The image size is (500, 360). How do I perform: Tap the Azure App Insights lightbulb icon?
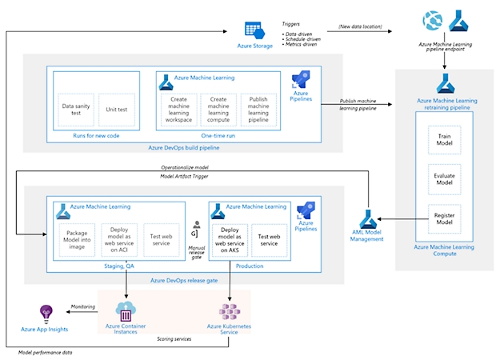point(46,314)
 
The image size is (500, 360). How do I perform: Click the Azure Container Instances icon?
point(125,311)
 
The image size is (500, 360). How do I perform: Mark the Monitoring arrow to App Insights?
point(79,311)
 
